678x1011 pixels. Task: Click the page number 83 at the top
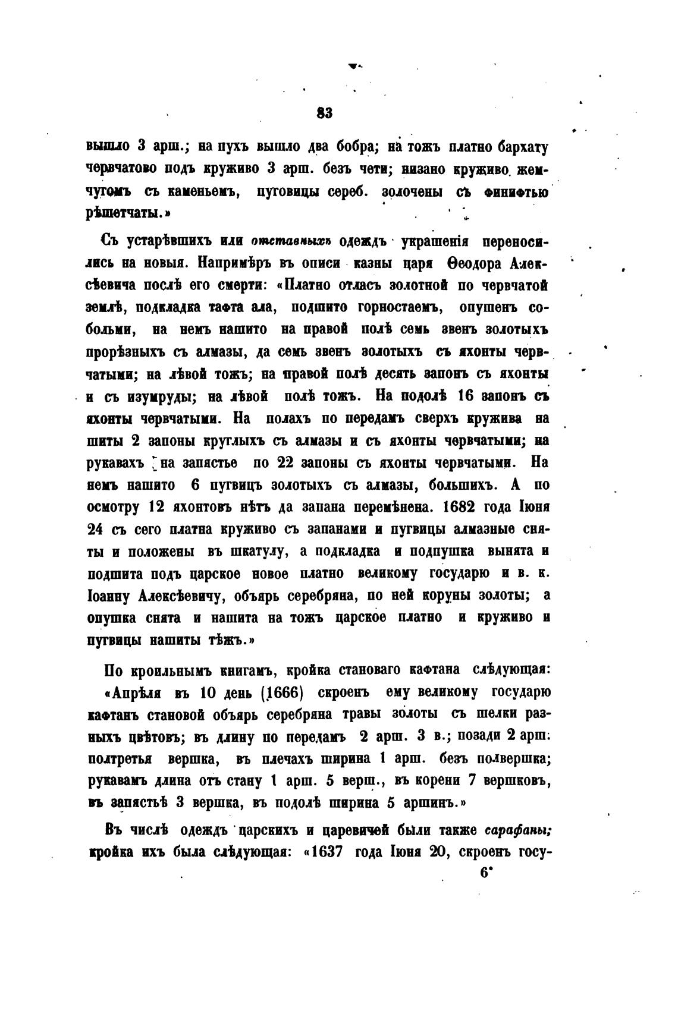click(x=325, y=113)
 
